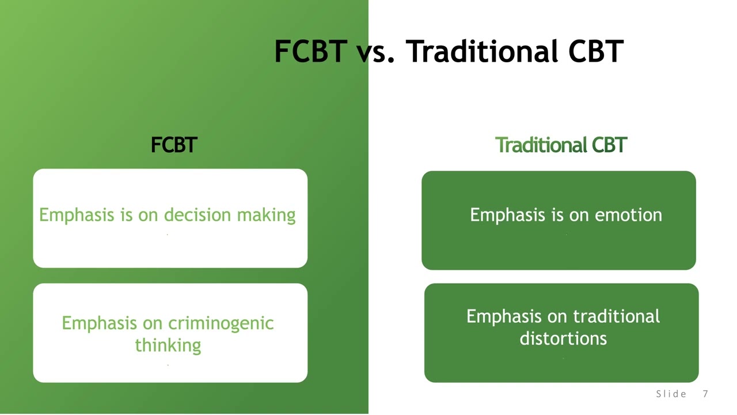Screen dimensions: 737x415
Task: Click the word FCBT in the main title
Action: (x=311, y=51)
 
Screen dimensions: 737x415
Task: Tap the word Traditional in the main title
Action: (x=482, y=51)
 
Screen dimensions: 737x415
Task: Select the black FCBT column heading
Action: (x=174, y=145)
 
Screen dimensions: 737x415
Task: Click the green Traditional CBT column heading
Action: (x=561, y=145)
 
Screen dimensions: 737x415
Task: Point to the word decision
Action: (x=197, y=215)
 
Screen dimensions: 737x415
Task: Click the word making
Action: (x=266, y=216)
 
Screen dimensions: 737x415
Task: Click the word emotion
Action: (x=628, y=216)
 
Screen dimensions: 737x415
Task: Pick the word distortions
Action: (x=563, y=338)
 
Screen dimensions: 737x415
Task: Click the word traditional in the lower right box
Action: (x=616, y=316)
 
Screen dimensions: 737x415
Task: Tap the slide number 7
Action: (x=705, y=394)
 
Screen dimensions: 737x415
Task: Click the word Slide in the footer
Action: (x=671, y=394)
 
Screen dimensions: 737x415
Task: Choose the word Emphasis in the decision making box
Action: (x=77, y=216)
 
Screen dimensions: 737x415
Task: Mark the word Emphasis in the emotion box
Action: (x=507, y=216)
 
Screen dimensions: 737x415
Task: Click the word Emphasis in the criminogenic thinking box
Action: (x=100, y=323)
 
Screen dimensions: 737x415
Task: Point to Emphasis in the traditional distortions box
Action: (x=504, y=317)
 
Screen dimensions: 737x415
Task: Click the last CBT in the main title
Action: (x=596, y=51)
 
